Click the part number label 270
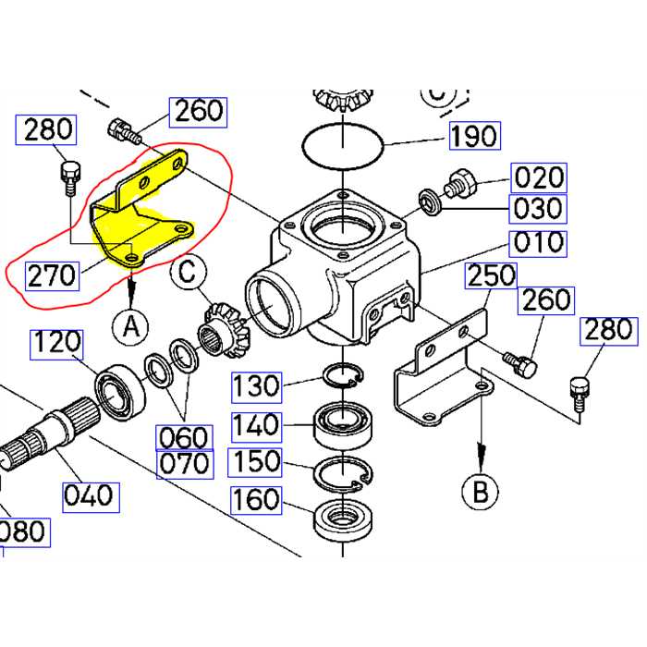(x=52, y=275)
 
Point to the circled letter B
(x=480, y=491)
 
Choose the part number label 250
(x=491, y=275)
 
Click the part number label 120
(x=56, y=344)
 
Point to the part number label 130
(x=256, y=385)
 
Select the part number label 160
(x=256, y=499)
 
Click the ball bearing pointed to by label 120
(x=118, y=387)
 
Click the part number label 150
(x=256, y=461)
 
